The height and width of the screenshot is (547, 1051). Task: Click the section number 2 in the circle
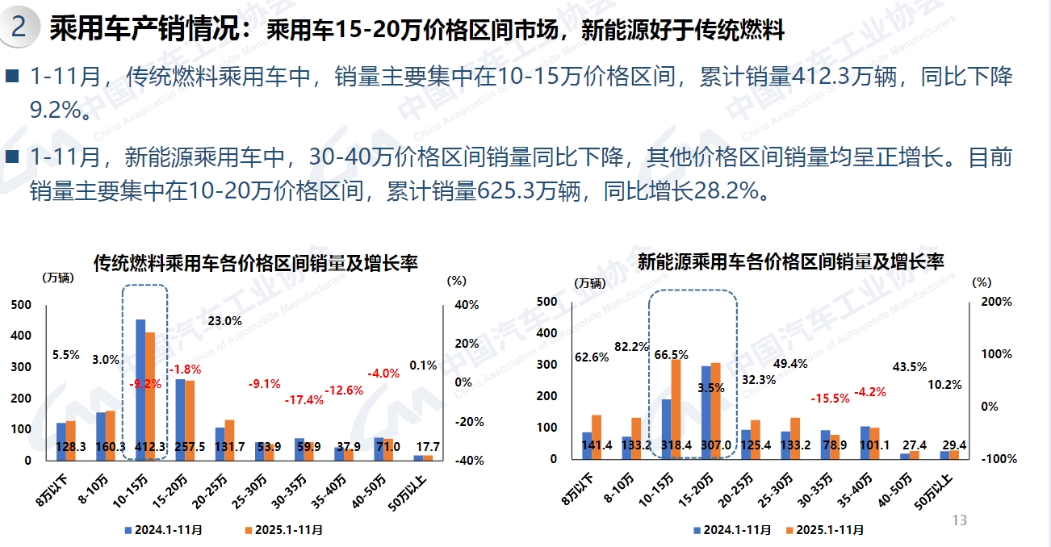[19, 29]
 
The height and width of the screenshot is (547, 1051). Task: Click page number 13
[960, 520]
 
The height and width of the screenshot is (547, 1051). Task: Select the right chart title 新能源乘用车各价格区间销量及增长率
[790, 262]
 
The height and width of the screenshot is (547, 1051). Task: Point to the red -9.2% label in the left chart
[145, 384]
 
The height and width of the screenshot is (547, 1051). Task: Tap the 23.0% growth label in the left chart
[224, 320]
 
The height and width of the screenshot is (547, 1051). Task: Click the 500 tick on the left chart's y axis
[22, 304]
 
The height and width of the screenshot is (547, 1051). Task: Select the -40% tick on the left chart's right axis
[467, 461]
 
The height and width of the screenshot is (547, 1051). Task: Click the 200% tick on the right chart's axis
[995, 302]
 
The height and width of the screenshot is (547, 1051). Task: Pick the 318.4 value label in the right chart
[672, 445]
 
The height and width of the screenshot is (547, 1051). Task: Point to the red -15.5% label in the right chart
[829, 399]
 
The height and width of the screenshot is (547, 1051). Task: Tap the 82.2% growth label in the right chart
[631, 347]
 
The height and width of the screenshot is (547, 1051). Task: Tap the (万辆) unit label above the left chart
[57, 278]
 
